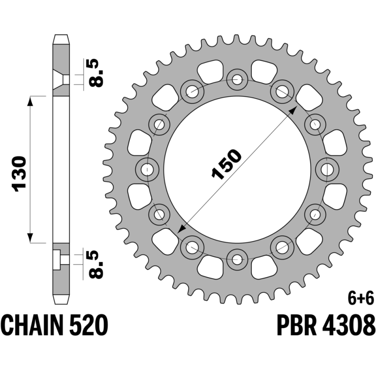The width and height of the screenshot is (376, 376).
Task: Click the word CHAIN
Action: (33, 325)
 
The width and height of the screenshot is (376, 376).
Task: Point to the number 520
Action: (89, 325)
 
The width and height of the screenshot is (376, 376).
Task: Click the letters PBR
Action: (297, 325)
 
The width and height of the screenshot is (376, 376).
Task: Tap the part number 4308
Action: (348, 325)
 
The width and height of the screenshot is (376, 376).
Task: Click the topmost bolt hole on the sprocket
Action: (237, 80)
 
